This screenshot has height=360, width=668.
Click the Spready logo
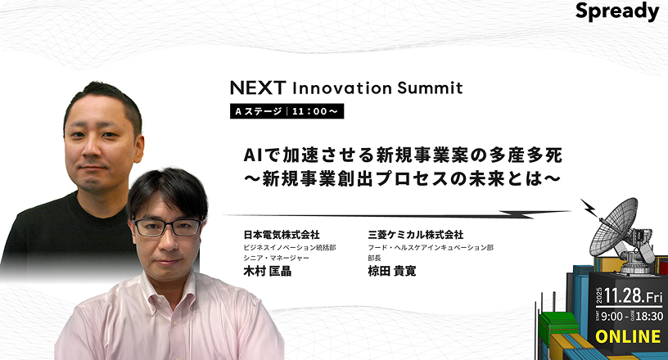click(617, 12)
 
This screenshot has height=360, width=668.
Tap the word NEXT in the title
click(257, 88)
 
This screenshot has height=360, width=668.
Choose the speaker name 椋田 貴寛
click(392, 271)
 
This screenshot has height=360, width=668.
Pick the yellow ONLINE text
click(627, 336)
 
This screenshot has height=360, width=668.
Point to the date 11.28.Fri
click(634, 297)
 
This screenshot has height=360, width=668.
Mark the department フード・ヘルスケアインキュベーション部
click(431, 247)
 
